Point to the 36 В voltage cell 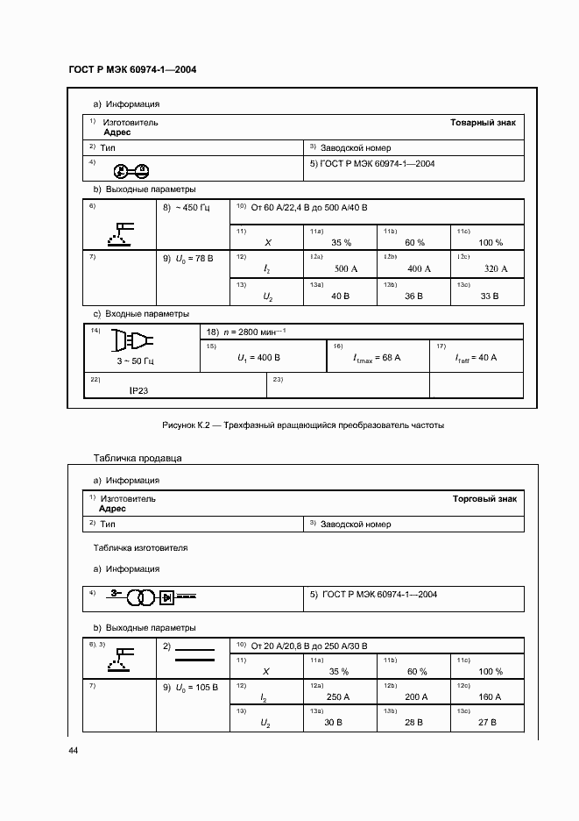pyautogui.click(x=414, y=297)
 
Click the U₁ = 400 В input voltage pyautogui.click(x=258, y=358)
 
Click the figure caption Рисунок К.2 pyautogui.click(x=303, y=425)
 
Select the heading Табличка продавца pyautogui.click(x=138, y=459)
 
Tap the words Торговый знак pyautogui.click(x=484, y=498)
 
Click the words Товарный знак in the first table pyautogui.click(x=484, y=123)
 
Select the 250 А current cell pyautogui.click(x=338, y=696)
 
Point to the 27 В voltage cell pyautogui.click(x=490, y=723)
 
